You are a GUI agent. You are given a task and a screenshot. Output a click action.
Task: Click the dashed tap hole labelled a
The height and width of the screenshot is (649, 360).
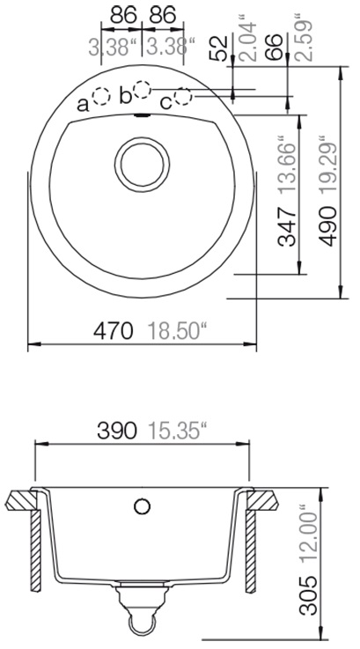[x=101, y=97]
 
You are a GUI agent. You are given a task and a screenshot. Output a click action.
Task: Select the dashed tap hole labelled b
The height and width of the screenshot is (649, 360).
[x=143, y=90]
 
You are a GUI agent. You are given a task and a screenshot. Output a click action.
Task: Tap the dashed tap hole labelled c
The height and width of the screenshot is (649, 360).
[x=183, y=97]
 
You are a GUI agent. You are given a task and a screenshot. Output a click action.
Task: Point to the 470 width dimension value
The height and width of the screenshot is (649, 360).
[x=114, y=331]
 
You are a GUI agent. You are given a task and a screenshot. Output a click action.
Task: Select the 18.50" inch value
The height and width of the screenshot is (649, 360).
[x=177, y=331]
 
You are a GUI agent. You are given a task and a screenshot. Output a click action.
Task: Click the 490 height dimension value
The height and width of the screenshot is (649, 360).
[x=329, y=226]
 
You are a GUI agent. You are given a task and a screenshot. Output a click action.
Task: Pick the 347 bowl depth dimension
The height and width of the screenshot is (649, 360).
[x=287, y=226]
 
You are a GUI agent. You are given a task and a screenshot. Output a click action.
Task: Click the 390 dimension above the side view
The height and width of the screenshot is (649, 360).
[x=117, y=431]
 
